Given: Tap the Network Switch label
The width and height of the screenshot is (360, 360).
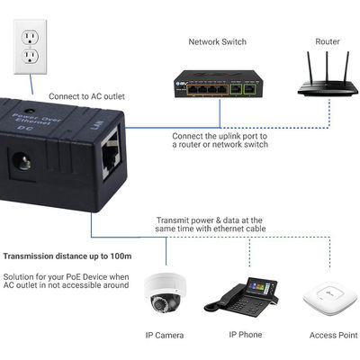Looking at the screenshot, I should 217,41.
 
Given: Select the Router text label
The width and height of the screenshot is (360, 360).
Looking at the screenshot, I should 327,41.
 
